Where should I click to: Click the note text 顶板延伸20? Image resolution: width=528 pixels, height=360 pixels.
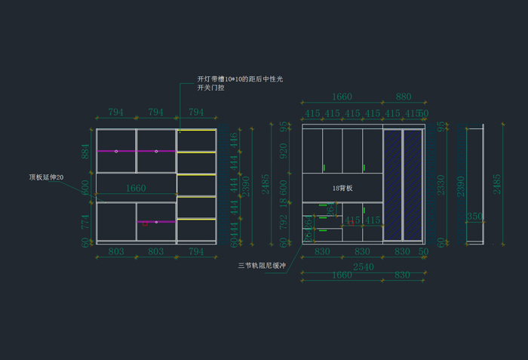pyautogui.click(x=46, y=177)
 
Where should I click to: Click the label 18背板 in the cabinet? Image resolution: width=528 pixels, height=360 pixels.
pyautogui.click(x=342, y=187)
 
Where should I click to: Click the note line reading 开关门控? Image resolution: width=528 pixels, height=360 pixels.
pyautogui.click(x=210, y=88)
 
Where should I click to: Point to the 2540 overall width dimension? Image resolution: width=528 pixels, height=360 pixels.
pyautogui.click(x=363, y=266)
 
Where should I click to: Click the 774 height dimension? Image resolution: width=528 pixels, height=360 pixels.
pyautogui.click(x=85, y=221)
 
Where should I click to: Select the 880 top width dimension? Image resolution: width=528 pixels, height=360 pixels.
pyautogui.click(x=404, y=97)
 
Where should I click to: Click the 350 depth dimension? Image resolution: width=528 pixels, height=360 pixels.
pyautogui.click(x=474, y=217)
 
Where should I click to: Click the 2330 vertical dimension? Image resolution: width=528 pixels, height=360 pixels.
pyautogui.click(x=442, y=184)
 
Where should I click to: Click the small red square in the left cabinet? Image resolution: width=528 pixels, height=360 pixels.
pyautogui.click(x=145, y=224)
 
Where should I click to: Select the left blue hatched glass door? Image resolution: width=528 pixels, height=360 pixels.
pyautogui.click(x=393, y=185)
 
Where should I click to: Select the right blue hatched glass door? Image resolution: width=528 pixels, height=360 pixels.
pyautogui.click(x=413, y=185)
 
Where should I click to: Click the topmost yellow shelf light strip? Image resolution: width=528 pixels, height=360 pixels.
pyautogui.click(x=196, y=131)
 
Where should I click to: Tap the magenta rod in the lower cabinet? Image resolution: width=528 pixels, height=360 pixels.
pyautogui.click(x=156, y=222)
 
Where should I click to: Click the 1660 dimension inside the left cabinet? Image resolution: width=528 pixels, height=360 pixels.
pyautogui.click(x=136, y=189)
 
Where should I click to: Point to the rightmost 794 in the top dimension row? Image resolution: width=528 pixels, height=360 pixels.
pyautogui.click(x=196, y=112)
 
